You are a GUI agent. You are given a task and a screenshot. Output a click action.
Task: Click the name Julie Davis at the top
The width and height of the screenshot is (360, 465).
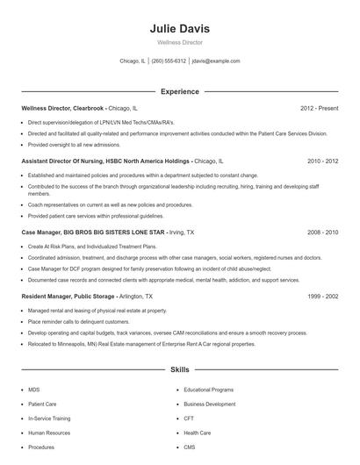click(x=179, y=29)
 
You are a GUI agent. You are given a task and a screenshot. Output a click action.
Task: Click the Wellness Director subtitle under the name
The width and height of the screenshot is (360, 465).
click(x=179, y=42)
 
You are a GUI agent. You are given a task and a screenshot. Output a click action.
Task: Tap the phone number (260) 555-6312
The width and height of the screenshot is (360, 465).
click(x=169, y=61)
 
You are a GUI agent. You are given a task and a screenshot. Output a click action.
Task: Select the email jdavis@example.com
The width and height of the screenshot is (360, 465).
click(x=216, y=61)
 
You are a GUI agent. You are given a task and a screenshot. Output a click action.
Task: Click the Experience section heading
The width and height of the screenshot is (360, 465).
click(x=179, y=91)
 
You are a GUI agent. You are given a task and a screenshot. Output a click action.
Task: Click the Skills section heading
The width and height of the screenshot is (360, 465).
click(x=179, y=371)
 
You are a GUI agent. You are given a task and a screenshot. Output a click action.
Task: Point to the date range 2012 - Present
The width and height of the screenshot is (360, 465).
click(x=319, y=108)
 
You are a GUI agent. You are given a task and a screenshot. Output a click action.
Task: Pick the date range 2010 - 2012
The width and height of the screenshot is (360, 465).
click(x=322, y=161)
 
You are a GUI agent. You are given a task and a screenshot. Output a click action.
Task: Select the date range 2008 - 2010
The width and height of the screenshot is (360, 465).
click(x=322, y=232)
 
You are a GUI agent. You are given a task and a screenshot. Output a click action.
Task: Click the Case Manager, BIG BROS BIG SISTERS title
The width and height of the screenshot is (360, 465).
click(x=92, y=232)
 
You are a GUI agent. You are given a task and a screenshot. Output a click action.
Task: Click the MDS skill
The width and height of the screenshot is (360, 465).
click(x=34, y=389)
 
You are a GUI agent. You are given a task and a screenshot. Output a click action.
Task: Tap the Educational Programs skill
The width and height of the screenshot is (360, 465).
click(x=208, y=389)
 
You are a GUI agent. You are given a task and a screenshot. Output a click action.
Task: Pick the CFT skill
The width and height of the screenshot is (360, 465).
click(x=188, y=418)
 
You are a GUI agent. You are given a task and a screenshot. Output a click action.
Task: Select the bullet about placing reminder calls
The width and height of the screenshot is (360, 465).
click(x=75, y=322)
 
